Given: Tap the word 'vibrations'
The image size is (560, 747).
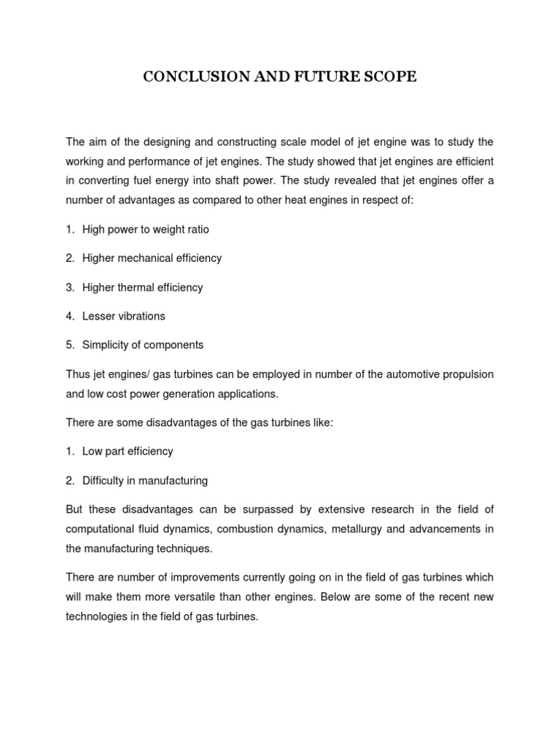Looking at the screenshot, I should click(141, 316).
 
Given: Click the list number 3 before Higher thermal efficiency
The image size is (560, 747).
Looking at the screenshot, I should click(70, 287).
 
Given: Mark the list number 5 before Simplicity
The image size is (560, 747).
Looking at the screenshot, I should click(70, 344).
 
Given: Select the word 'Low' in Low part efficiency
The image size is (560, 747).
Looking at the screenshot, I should click(93, 452).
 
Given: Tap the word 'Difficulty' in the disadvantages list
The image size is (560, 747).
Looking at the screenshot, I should click(106, 481).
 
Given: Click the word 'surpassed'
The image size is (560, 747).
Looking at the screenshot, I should click(269, 509).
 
